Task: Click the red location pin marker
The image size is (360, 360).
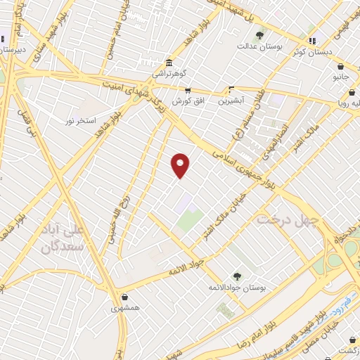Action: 181,165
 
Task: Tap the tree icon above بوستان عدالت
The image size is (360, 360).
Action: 259,34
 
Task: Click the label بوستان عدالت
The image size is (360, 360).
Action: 259,46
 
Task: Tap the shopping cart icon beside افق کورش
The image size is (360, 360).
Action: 188,90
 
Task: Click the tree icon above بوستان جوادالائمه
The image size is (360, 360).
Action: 237,276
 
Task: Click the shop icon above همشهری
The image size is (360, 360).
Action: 124,297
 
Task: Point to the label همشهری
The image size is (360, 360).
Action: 124,308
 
